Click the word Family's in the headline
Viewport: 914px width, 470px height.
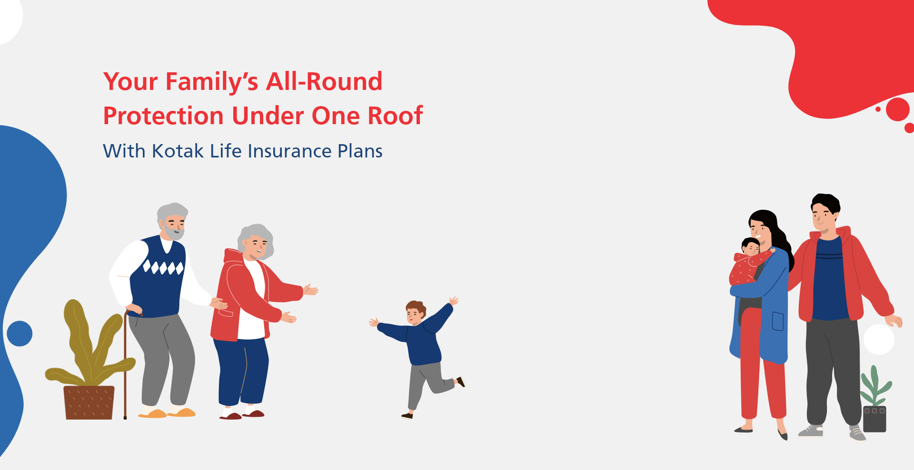tap(212, 82)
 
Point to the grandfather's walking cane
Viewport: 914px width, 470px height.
tap(126, 364)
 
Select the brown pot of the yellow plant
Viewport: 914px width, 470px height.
tap(89, 402)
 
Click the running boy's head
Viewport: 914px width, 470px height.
tap(416, 312)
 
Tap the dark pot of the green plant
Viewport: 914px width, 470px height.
tap(874, 419)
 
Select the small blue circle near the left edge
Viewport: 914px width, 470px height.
tap(20, 333)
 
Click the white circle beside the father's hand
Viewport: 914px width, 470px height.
tap(879, 339)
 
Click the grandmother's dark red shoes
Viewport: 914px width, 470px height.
tap(242, 415)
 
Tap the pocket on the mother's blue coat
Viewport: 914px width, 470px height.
tap(778, 321)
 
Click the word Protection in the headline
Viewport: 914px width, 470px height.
tap(163, 116)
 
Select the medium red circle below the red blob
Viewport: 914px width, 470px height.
tap(898, 109)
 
